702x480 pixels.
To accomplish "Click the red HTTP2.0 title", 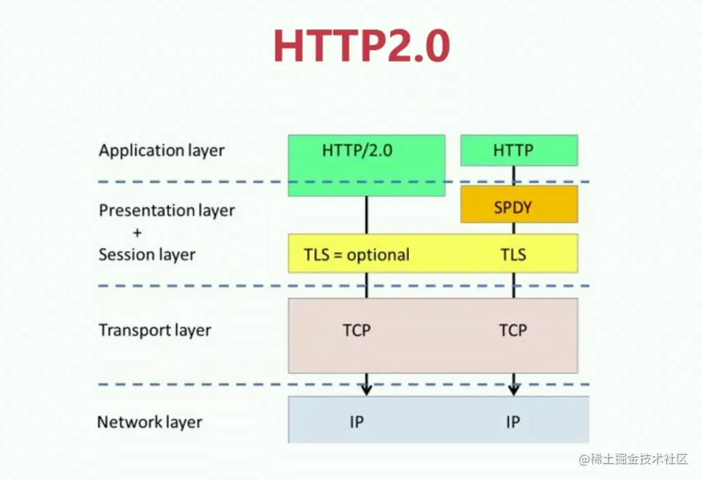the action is (x=362, y=46).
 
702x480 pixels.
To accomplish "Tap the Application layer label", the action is (x=162, y=151).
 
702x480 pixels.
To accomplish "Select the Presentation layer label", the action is (x=166, y=211).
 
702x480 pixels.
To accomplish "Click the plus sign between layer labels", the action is (x=138, y=232).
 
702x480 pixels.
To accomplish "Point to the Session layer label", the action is (x=147, y=255).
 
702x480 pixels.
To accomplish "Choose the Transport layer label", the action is (x=155, y=331).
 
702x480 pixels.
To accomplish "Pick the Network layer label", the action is (x=149, y=422).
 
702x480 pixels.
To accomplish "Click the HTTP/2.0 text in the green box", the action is (x=357, y=151).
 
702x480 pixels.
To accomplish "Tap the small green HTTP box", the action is (x=519, y=151).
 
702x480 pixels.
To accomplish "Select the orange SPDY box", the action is (x=519, y=204).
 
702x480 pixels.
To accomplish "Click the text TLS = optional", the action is (x=357, y=255).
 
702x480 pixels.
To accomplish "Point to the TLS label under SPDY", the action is (x=513, y=255).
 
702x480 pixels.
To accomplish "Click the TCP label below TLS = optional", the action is (x=357, y=331).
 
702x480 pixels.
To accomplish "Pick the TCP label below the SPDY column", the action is (x=513, y=331).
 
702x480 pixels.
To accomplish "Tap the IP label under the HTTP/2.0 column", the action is (x=357, y=422).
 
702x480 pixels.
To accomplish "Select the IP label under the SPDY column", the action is (x=513, y=422).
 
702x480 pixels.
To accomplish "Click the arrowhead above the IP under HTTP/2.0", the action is (x=367, y=389).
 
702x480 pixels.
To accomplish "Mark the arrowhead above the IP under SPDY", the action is (x=513, y=389).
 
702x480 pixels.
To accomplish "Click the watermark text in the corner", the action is (x=633, y=460).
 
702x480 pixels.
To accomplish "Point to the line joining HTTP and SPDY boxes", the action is (x=513, y=175).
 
